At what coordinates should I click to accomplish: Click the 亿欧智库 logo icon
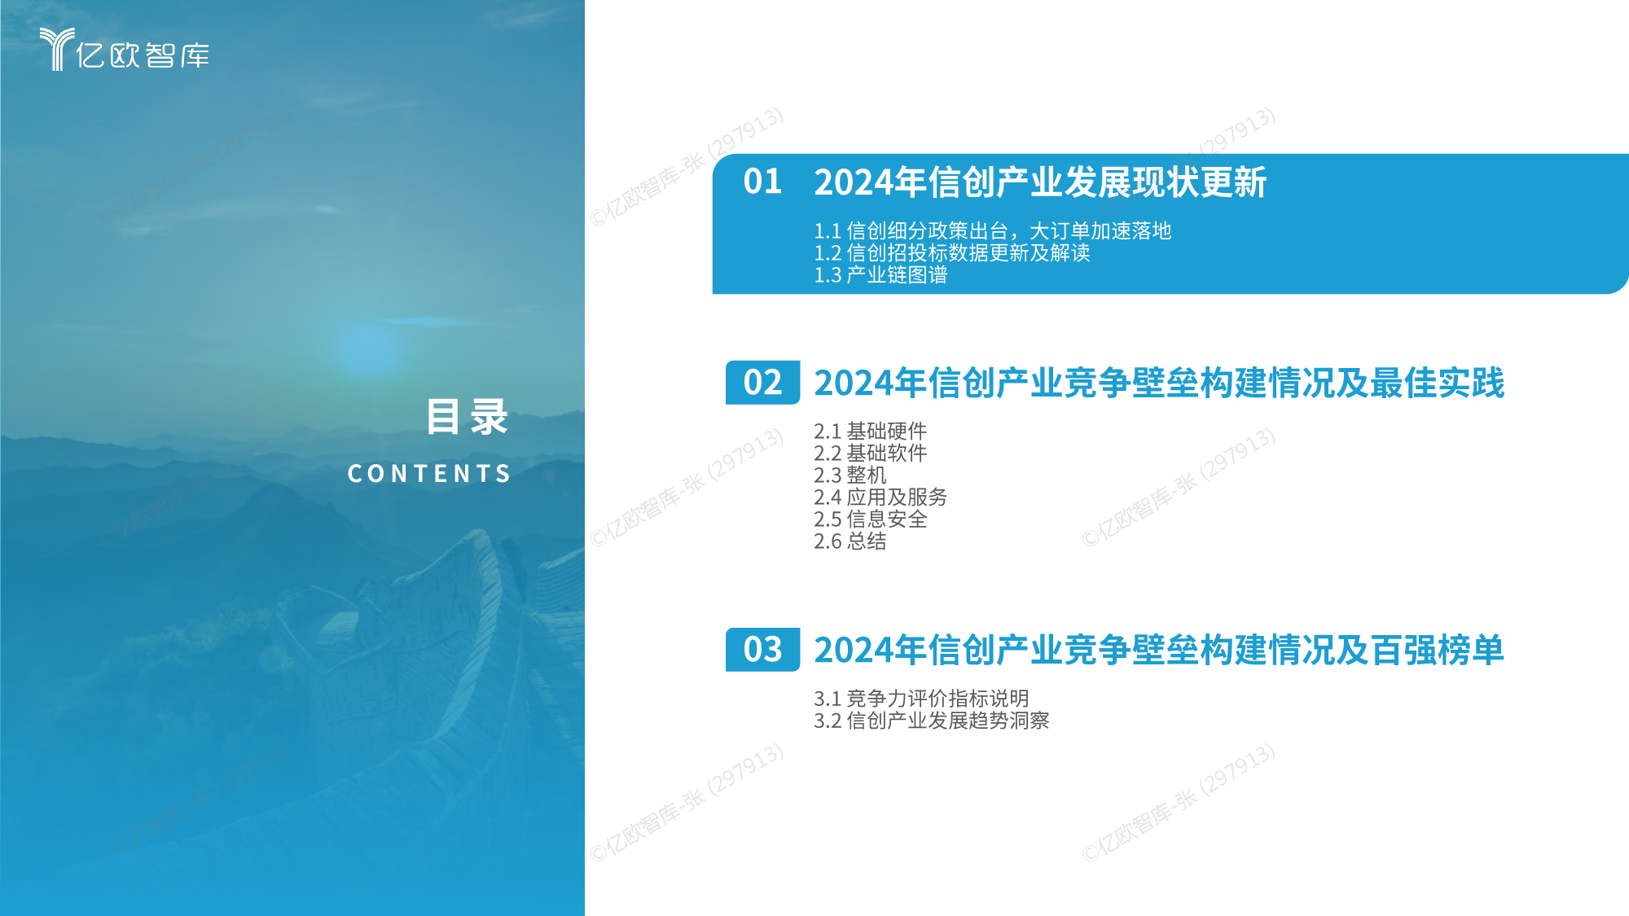(57, 49)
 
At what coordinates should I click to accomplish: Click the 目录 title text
(468, 417)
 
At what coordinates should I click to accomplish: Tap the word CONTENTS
(429, 473)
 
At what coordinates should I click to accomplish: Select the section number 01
(762, 182)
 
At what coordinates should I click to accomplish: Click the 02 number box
(762, 383)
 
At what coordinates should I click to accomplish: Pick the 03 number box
(762, 650)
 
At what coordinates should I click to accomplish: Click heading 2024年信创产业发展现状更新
(1040, 182)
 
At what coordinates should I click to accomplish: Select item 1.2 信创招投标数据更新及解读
(952, 253)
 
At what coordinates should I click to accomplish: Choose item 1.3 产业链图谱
(880, 275)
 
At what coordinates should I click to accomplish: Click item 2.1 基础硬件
(870, 431)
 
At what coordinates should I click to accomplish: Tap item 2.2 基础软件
(870, 453)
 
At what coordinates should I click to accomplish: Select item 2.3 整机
(850, 475)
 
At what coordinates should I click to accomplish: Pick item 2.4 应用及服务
(880, 497)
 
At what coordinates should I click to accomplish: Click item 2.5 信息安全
(870, 519)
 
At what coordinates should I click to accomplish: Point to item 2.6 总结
(850, 541)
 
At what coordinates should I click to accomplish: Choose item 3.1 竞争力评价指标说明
(921, 699)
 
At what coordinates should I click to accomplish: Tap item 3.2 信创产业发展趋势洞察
(932, 721)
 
